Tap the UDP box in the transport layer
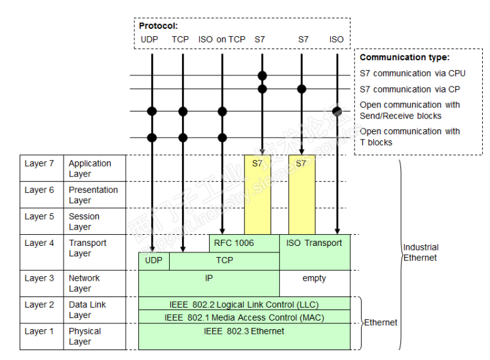tap(153, 260)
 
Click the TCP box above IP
tap(224, 260)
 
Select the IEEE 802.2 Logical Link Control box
tap(244, 304)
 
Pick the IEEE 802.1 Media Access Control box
tap(244, 317)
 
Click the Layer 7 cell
tap(40, 164)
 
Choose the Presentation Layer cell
tap(94, 195)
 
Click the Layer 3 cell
tap(40, 278)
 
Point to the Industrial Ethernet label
tap(421, 252)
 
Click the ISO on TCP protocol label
tap(222, 39)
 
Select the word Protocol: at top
tap(159, 26)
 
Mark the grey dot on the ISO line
tap(337, 111)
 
